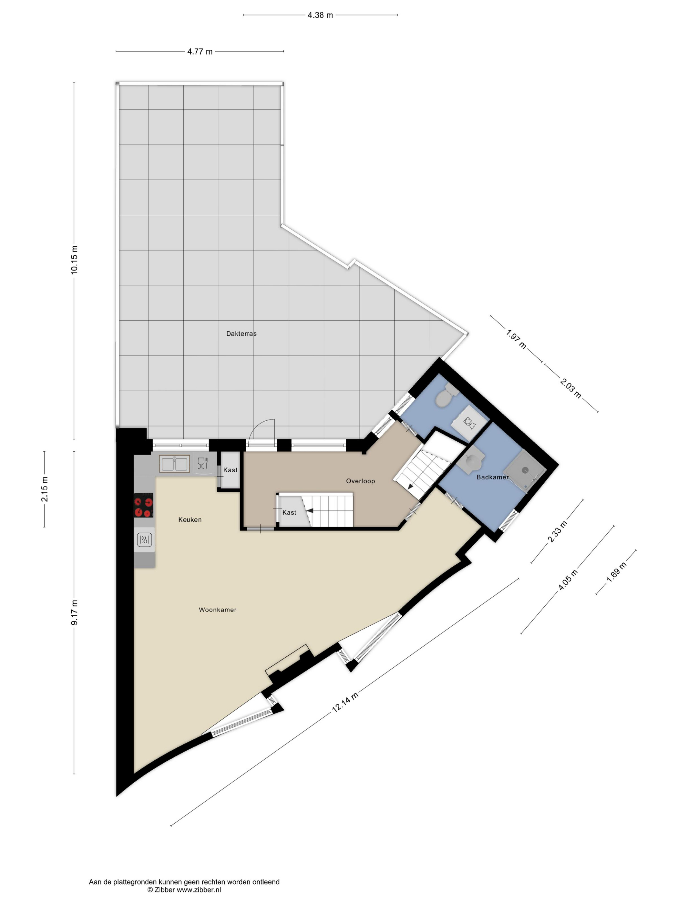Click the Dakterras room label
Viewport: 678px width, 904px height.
tap(241, 334)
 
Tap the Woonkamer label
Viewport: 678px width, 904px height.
tap(217, 610)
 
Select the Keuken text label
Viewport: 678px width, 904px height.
tap(190, 520)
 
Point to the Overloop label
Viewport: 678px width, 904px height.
tap(360, 481)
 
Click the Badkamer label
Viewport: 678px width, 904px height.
tap(492, 477)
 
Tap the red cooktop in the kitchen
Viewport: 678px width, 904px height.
tap(143, 505)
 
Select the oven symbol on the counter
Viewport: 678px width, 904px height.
tap(145, 540)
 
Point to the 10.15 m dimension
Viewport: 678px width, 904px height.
tap(74, 260)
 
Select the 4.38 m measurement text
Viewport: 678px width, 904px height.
tap(320, 15)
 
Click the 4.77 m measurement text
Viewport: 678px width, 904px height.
tap(200, 51)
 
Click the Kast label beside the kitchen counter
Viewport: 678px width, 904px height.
tap(230, 470)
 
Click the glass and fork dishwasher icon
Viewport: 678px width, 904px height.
tap(203, 463)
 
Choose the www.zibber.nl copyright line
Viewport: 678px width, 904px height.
tap(184, 890)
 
